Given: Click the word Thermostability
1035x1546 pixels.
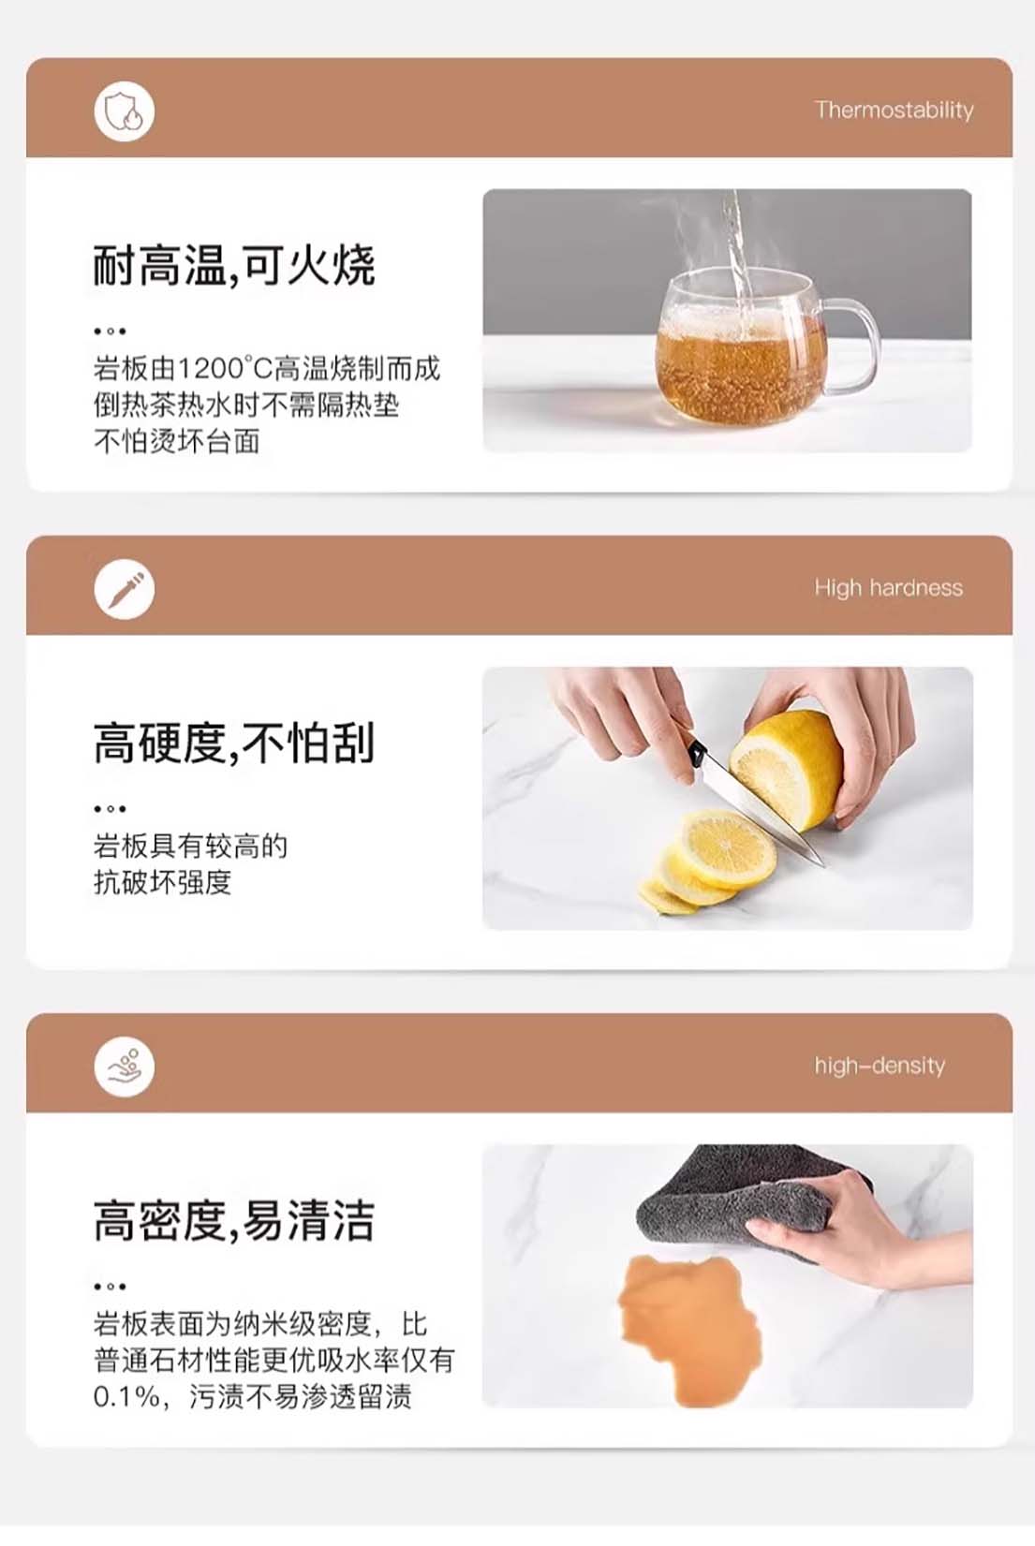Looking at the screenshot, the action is tap(895, 110).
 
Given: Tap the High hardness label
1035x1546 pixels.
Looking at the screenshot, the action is tap(889, 588).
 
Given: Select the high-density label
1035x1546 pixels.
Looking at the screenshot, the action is tap(880, 1066).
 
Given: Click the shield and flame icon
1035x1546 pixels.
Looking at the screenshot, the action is tap(125, 111).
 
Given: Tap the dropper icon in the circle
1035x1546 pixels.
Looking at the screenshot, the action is tap(125, 589).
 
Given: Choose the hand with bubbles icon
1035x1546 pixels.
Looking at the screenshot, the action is tap(125, 1067).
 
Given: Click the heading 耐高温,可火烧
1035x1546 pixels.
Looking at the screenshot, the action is tap(234, 265).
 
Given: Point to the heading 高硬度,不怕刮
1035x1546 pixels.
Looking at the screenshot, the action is tap(234, 743).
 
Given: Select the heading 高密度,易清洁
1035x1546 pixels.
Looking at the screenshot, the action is tap(234, 1220).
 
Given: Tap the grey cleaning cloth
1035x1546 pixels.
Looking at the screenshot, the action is tap(749, 1198).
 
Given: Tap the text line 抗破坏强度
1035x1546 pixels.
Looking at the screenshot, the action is tap(162, 882).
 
